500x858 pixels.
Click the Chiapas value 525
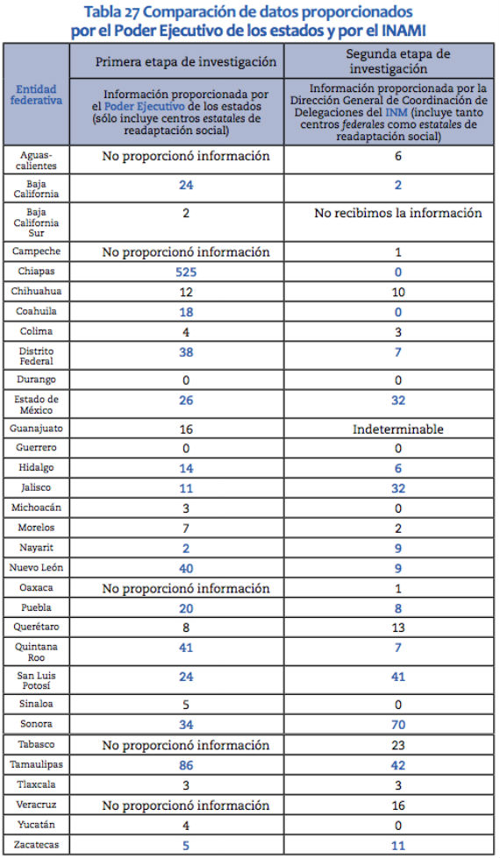185,273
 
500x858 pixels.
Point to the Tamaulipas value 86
185,765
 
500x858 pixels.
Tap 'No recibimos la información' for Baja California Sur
398,213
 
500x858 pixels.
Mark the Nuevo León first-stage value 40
185,567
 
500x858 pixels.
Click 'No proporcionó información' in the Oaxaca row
185,587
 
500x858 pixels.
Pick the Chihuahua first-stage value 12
185,292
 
